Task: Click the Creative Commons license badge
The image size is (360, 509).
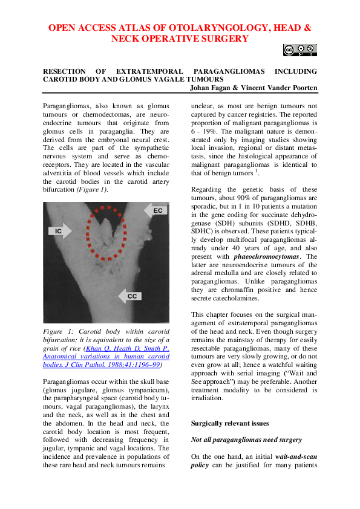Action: click(299, 50)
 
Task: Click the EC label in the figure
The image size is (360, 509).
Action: click(157, 210)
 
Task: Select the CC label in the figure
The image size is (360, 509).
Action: click(131, 296)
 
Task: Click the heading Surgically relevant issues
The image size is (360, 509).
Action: click(226, 423)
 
